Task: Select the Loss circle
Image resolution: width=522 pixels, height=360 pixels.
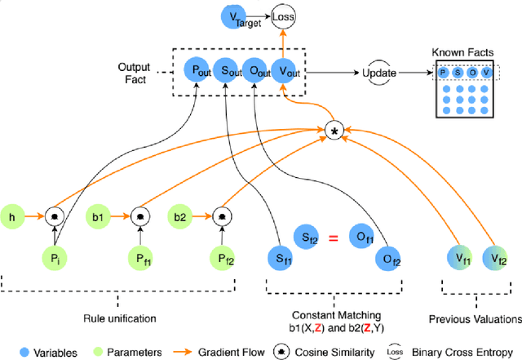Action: click(x=282, y=16)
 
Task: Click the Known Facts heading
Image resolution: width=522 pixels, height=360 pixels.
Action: click(x=462, y=51)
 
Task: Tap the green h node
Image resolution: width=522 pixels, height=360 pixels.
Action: click(x=12, y=217)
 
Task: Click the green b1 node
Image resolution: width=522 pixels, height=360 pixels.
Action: click(x=97, y=217)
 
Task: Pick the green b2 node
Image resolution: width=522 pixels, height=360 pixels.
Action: click(x=181, y=217)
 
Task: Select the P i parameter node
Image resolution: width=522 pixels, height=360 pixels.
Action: click(x=55, y=260)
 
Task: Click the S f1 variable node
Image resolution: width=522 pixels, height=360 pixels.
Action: click(x=280, y=260)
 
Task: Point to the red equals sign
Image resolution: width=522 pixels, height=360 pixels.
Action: click(x=331, y=238)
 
